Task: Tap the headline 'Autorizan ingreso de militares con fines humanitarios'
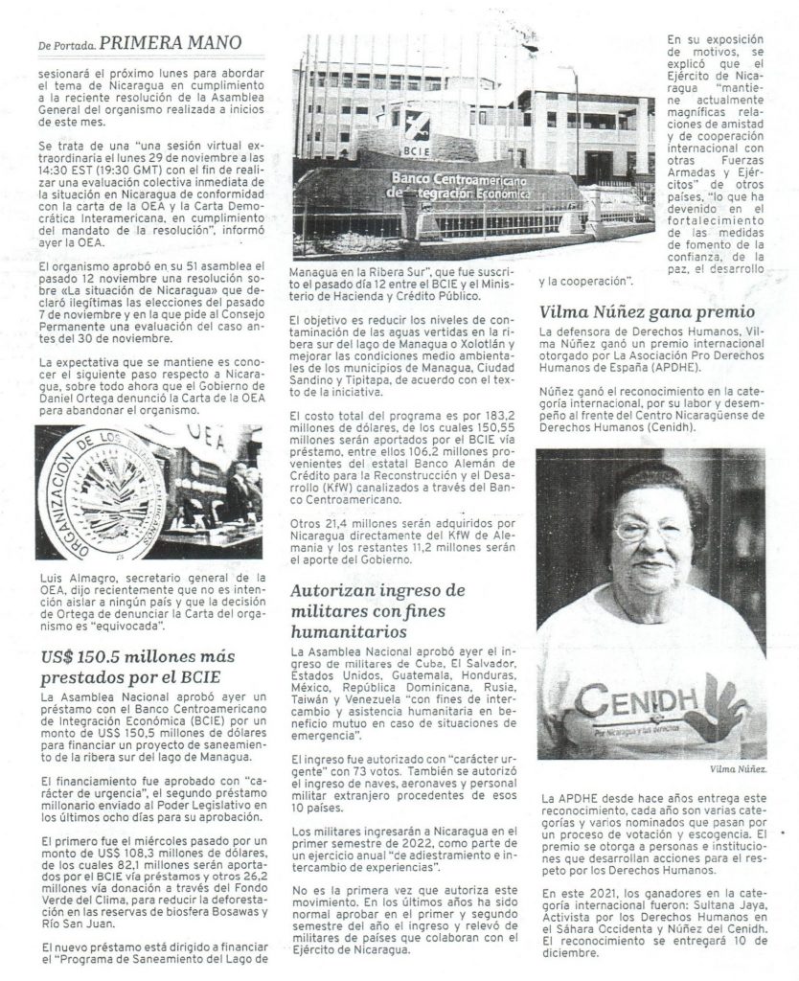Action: click(378, 608)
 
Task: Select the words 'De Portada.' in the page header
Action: click(66, 44)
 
